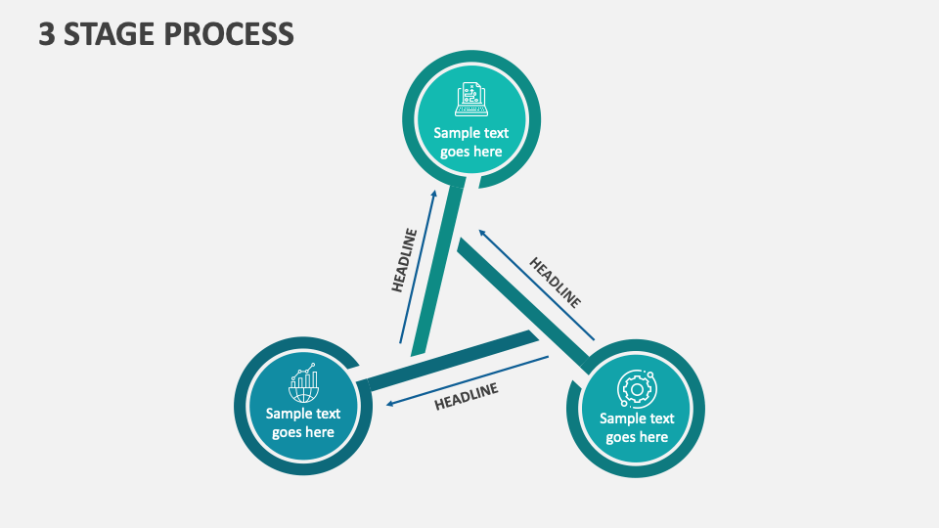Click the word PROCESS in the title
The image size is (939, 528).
236,33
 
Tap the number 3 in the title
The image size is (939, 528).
47,33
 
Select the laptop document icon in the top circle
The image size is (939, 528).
471,98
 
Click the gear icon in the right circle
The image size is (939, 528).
637,389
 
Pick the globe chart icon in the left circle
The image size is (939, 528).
303,384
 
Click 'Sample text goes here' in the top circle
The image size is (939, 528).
471,143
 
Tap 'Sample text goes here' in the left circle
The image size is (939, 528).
303,422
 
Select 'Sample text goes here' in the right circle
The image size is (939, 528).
637,427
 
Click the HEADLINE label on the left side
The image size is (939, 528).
405,261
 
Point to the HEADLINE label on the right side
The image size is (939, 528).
556,282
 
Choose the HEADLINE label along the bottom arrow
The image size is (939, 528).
467,395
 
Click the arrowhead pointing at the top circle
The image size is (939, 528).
436,194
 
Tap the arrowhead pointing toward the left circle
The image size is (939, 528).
390,402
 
